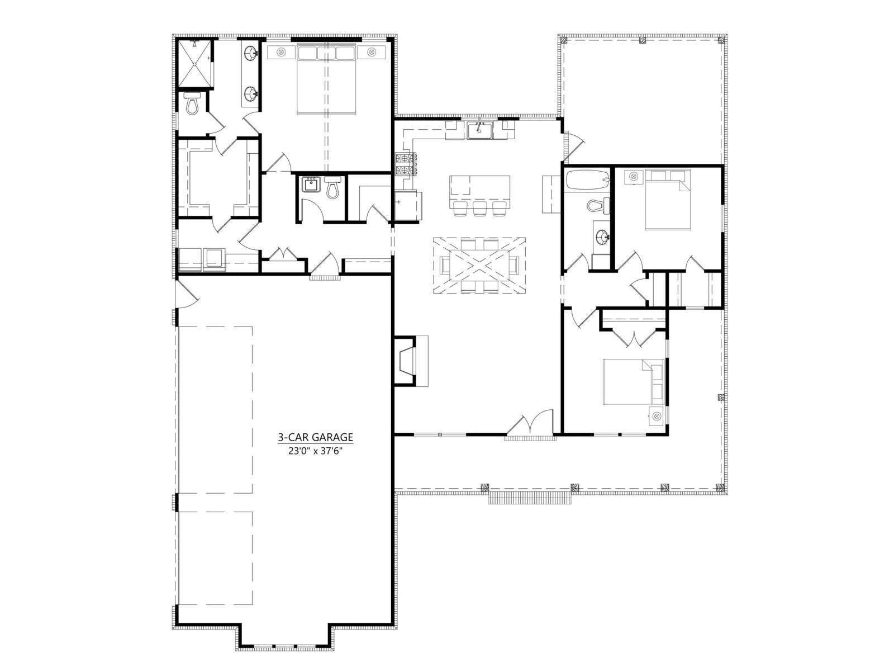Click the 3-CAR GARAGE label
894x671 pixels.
315,437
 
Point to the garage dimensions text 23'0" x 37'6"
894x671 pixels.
315,451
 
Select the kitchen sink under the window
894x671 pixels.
479,130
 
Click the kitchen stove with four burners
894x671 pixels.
406,164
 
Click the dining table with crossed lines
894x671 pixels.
479,266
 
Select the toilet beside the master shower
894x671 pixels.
191,104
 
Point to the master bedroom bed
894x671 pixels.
326,81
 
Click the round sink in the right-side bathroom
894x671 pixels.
601,237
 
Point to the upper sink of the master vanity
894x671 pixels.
250,53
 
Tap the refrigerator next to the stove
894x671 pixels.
407,206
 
